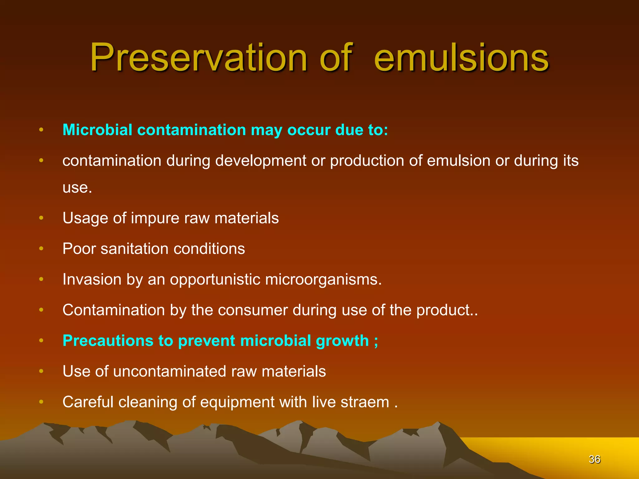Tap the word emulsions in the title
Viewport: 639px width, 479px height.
(x=461, y=58)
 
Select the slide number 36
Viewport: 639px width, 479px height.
(x=594, y=459)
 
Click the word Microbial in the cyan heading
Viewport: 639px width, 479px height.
(x=97, y=130)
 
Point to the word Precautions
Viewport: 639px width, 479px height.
(x=108, y=341)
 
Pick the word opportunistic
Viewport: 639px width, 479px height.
(x=215, y=279)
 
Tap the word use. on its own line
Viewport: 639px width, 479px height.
(x=77, y=188)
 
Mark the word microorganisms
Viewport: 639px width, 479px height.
(x=323, y=279)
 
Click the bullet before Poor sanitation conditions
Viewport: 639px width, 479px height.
(x=41, y=249)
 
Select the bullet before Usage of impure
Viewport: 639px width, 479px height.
(x=41, y=218)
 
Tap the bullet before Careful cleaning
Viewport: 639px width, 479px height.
(x=41, y=402)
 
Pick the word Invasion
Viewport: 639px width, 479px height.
(x=92, y=279)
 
